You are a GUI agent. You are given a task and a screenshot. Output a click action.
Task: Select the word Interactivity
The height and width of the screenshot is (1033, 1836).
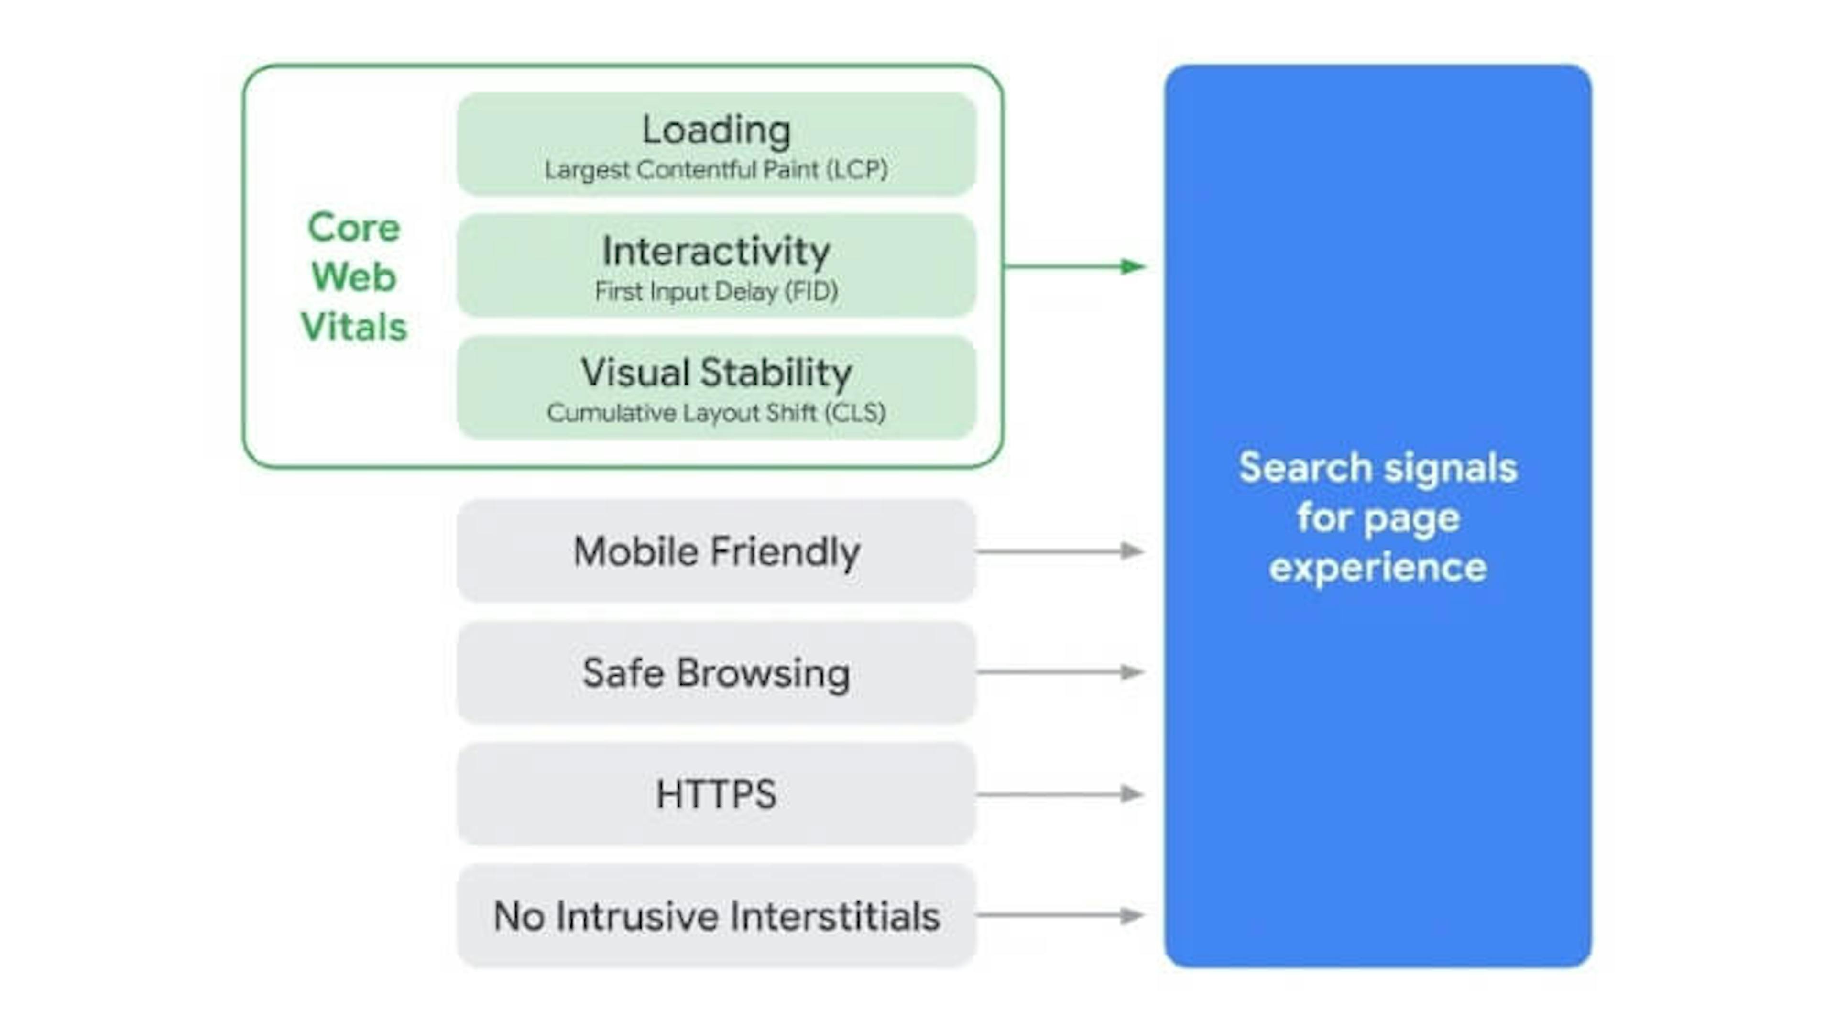click(716, 252)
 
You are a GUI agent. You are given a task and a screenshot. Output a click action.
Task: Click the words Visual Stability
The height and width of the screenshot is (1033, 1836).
click(716, 373)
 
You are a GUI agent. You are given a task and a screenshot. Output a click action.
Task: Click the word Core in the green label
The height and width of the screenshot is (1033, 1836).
click(353, 228)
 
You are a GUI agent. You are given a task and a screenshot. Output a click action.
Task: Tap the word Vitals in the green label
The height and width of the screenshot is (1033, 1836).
click(353, 327)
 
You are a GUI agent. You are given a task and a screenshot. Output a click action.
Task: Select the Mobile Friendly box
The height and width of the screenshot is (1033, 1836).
click(716, 551)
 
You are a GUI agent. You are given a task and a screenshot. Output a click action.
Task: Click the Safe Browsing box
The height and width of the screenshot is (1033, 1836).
click(716, 673)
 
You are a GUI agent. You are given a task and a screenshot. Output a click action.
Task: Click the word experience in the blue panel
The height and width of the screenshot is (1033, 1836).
click(1377, 568)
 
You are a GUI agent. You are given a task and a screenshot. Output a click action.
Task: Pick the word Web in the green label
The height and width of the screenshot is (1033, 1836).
click(353, 277)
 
